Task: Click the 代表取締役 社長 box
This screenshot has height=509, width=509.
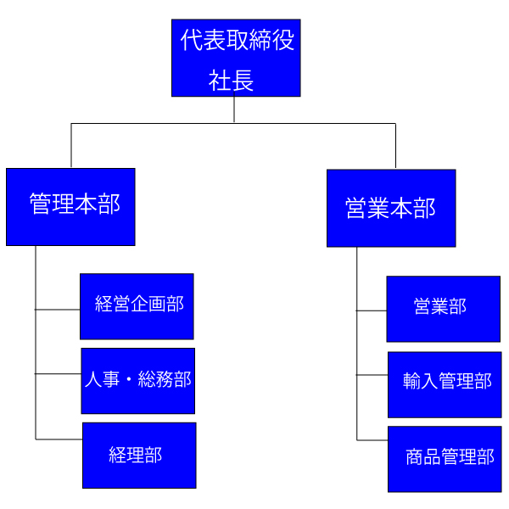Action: click(x=236, y=58)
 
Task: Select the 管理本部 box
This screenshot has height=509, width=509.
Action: click(x=70, y=207)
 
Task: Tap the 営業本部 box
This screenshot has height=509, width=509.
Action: click(x=391, y=209)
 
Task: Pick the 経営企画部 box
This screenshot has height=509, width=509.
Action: click(x=137, y=306)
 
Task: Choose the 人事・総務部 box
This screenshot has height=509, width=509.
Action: click(x=137, y=381)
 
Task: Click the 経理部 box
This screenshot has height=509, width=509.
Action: click(x=139, y=456)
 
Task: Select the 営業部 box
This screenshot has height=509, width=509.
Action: click(x=443, y=309)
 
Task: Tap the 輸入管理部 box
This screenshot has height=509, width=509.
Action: click(x=445, y=383)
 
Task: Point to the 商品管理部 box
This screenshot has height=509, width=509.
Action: click(x=445, y=459)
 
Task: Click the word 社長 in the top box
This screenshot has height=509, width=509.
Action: click(x=232, y=81)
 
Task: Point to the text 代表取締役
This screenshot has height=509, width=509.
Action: click(x=238, y=40)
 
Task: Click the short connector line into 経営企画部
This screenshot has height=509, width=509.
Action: click(x=58, y=310)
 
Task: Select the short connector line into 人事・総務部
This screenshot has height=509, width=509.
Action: click(x=59, y=373)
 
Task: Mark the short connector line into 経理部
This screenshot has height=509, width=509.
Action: click(x=59, y=439)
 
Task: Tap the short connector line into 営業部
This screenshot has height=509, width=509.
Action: click(x=372, y=310)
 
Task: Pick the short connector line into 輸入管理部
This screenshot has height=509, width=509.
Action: click(x=372, y=374)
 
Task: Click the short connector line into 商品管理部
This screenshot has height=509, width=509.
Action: click(x=372, y=439)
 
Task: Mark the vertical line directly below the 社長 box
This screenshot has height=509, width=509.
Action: click(x=234, y=109)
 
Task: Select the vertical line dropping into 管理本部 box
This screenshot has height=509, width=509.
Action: click(x=71, y=146)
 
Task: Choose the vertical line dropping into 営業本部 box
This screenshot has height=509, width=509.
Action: click(x=395, y=146)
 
